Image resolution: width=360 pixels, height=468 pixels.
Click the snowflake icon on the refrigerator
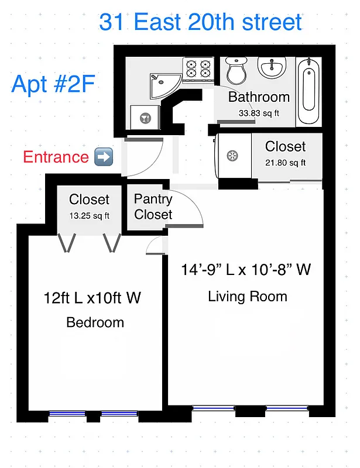point(232,155)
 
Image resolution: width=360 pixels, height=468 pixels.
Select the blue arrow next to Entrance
point(104,157)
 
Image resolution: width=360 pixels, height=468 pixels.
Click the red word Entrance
point(56,157)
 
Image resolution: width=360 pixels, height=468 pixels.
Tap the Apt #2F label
point(53,84)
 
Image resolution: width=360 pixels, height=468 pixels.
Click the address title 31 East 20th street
point(200,22)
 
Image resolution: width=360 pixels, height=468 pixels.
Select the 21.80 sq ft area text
point(285,163)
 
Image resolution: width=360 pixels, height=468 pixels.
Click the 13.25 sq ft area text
point(89,215)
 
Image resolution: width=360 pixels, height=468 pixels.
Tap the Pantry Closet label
point(153,207)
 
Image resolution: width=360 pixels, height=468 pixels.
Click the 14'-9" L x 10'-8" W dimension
point(246,270)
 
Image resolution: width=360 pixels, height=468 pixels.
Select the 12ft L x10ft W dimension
point(92,298)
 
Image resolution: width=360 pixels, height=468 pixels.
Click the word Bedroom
point(95,322)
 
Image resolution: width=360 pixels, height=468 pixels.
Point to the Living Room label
point(248,297)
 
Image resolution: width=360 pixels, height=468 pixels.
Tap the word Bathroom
point(259,97)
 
